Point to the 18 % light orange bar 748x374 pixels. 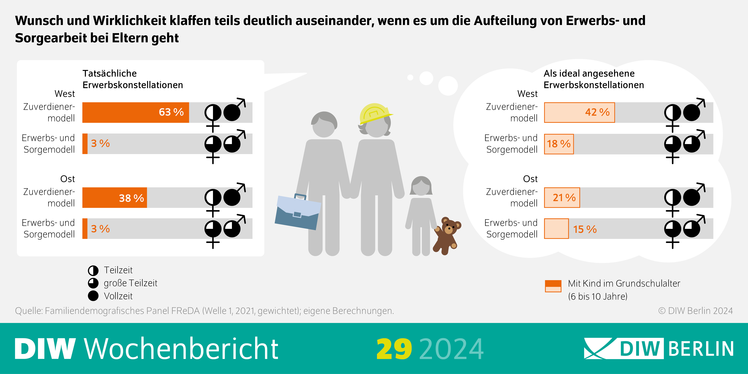pyautogui.click(x=559, y=144)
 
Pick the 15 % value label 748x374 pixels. pyautogui.click(x=584, y=229)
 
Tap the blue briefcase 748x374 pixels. pyautogui.click(x=298, y=212)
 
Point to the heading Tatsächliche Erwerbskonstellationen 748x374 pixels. pyautogui.click(x=133, y=79)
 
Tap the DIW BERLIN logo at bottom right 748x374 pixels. pyautogui.click(x=659, y=348)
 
